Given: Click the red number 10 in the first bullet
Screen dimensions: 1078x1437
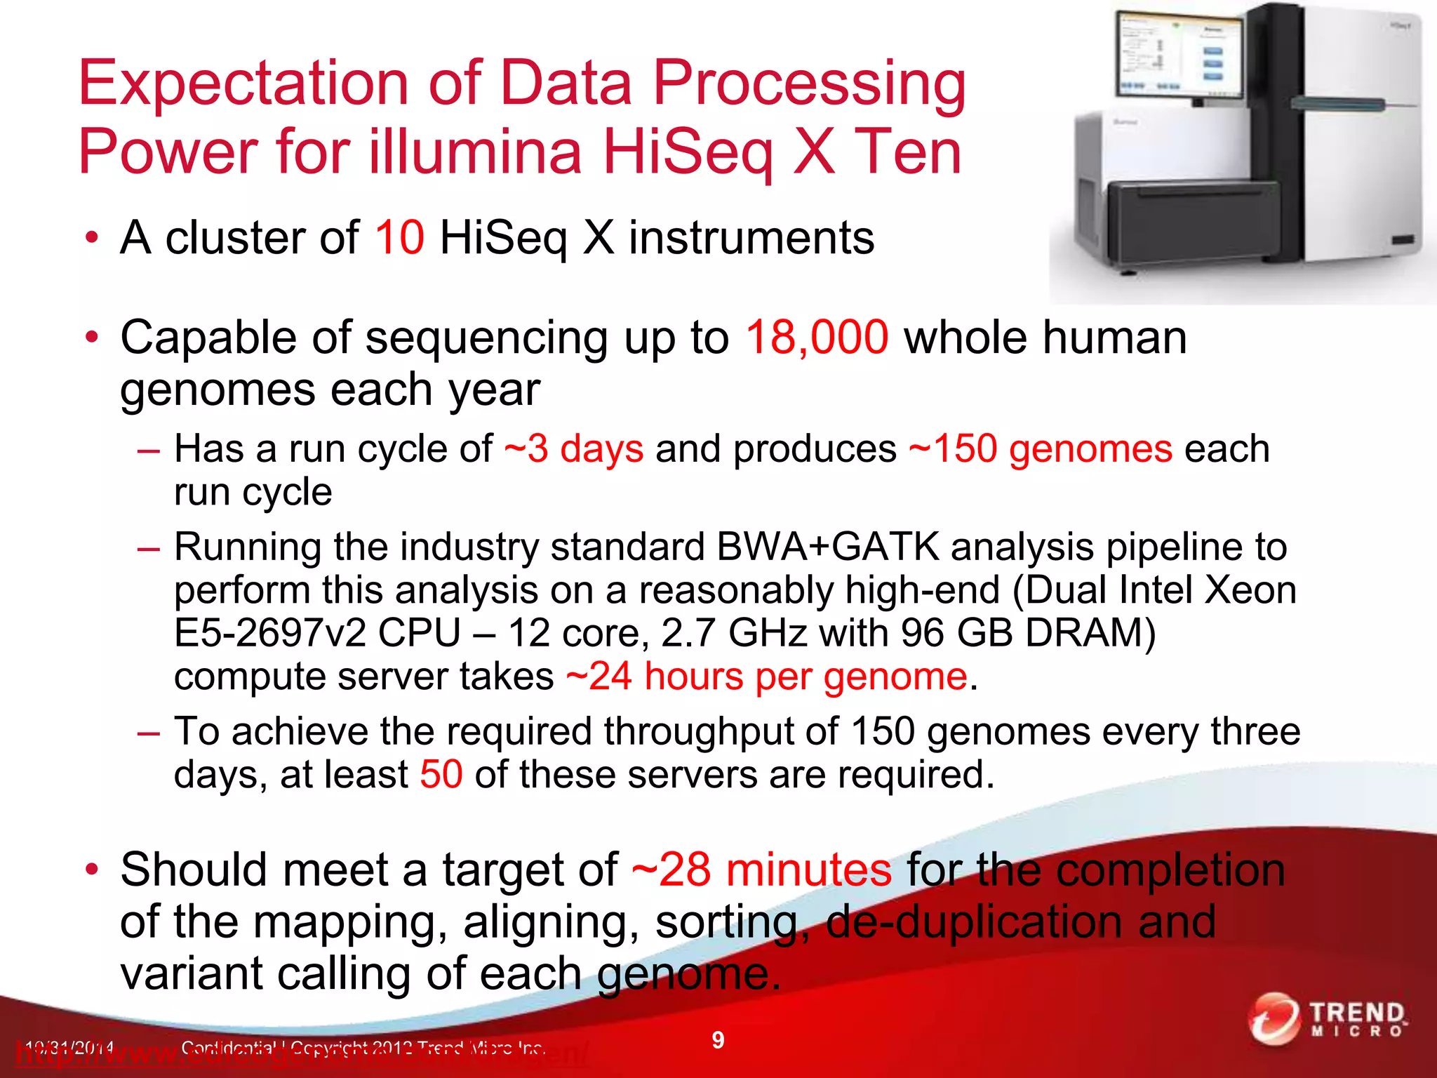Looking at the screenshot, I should point(399,238).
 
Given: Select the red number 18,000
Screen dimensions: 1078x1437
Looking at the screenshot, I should point(817,338).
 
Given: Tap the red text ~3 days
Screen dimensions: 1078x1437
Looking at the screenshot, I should point(573,448).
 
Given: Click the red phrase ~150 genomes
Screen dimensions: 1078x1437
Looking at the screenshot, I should point(1040,448).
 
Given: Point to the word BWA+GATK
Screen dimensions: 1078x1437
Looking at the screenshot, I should point(828,547).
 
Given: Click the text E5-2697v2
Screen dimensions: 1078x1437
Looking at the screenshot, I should point(269,633).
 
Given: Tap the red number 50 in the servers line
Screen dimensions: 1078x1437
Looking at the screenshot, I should point(441,775).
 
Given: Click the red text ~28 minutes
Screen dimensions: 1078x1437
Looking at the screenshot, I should point(761,870).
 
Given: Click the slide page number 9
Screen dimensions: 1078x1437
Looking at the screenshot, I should point(718,1040).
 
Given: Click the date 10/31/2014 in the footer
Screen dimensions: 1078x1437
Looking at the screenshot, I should point(67,1049).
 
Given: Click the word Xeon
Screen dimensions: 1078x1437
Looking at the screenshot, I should point(1250,590).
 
